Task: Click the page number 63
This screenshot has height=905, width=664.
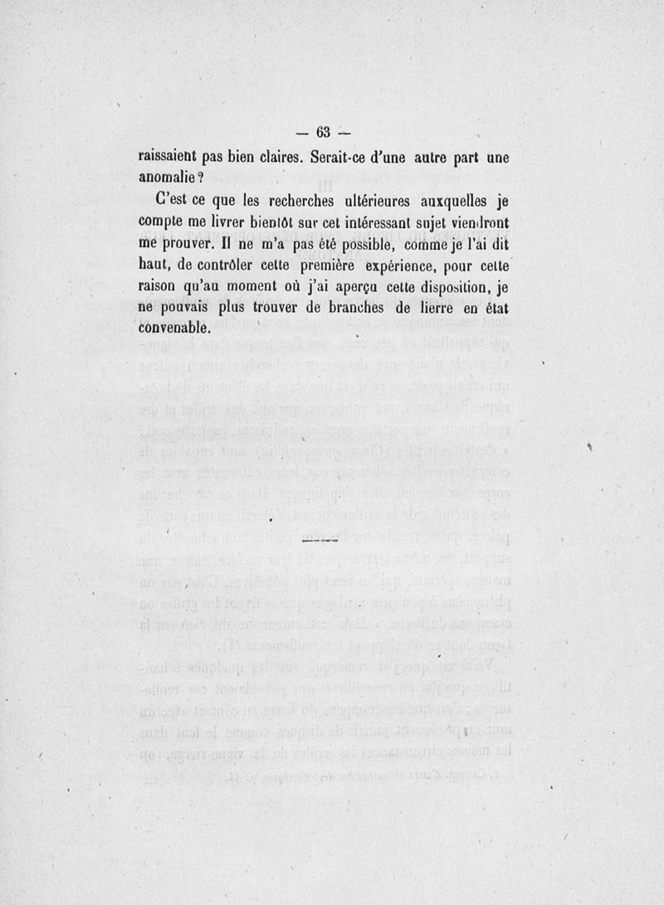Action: (x=323, y=133)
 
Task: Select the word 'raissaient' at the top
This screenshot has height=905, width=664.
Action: (x=171, y=155)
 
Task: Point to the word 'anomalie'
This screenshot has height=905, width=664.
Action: (x=166, y=177)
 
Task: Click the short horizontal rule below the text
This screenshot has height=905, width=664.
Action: (x=321, y=541)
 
